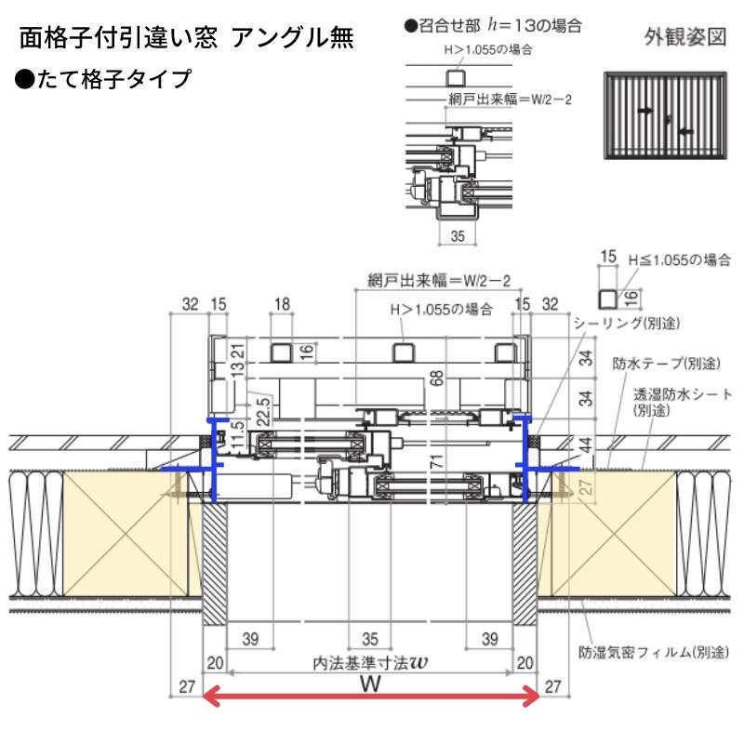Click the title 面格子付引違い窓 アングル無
coord(186,38)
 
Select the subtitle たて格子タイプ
coord(103,78)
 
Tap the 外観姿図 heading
coord(684,38)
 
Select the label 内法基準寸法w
coord(370,663)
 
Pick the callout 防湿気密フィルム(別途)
coord(652,652)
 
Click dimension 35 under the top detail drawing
coord(456,236)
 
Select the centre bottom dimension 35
coord(370,639)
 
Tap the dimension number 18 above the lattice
coord(284,302)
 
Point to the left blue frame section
coord(215,460)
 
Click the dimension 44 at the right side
coord(585,445)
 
